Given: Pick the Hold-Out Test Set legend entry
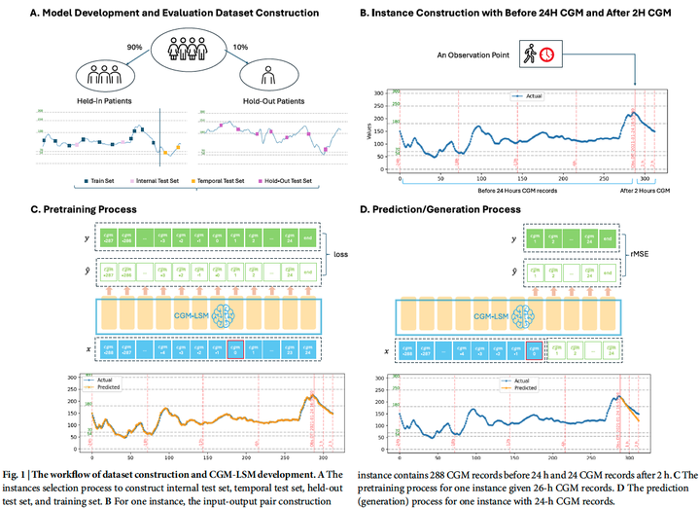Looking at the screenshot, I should click(299, 180).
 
